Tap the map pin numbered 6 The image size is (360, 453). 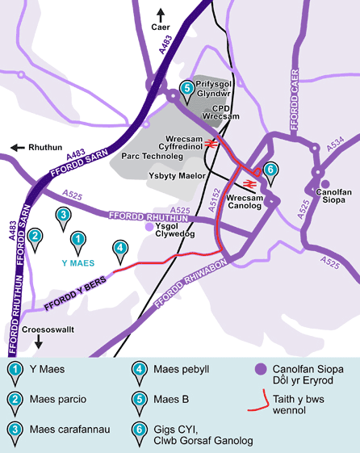click(x=271, y=170)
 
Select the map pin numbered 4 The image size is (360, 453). click(x=119, y=249)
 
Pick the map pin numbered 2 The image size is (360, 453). click(x=34, y=237)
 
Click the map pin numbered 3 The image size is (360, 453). click(x=62, y=216)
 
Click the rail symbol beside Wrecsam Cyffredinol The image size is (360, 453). click(x=210, y=143)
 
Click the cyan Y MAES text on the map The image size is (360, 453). click(x=78, y=263)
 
